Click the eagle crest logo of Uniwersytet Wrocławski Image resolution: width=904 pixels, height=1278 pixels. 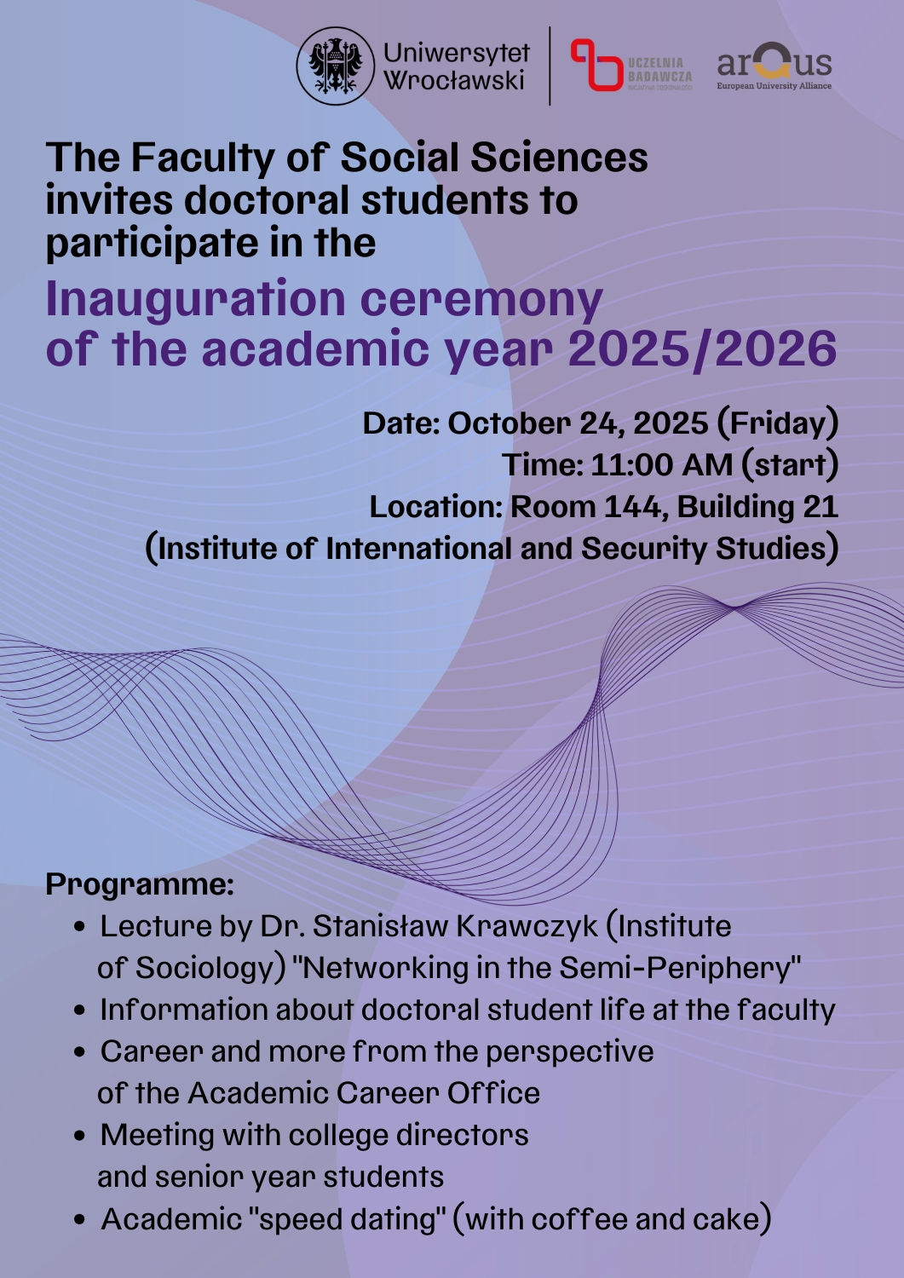(336, 66)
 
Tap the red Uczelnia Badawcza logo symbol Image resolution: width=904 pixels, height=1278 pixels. (596, 65)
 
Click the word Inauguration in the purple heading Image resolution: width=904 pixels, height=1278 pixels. (195, 299)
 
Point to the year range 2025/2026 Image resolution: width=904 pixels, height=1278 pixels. (702, 349)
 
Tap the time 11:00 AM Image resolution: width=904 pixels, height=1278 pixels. (661, 465)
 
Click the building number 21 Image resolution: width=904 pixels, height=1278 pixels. (820, 507)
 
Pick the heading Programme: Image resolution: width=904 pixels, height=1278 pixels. (140, 884)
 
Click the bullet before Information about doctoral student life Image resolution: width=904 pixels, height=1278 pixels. (80, 1011)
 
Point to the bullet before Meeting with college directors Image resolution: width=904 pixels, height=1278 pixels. (80, 1137)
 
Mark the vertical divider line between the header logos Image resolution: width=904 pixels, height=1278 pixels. (550, 66)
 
